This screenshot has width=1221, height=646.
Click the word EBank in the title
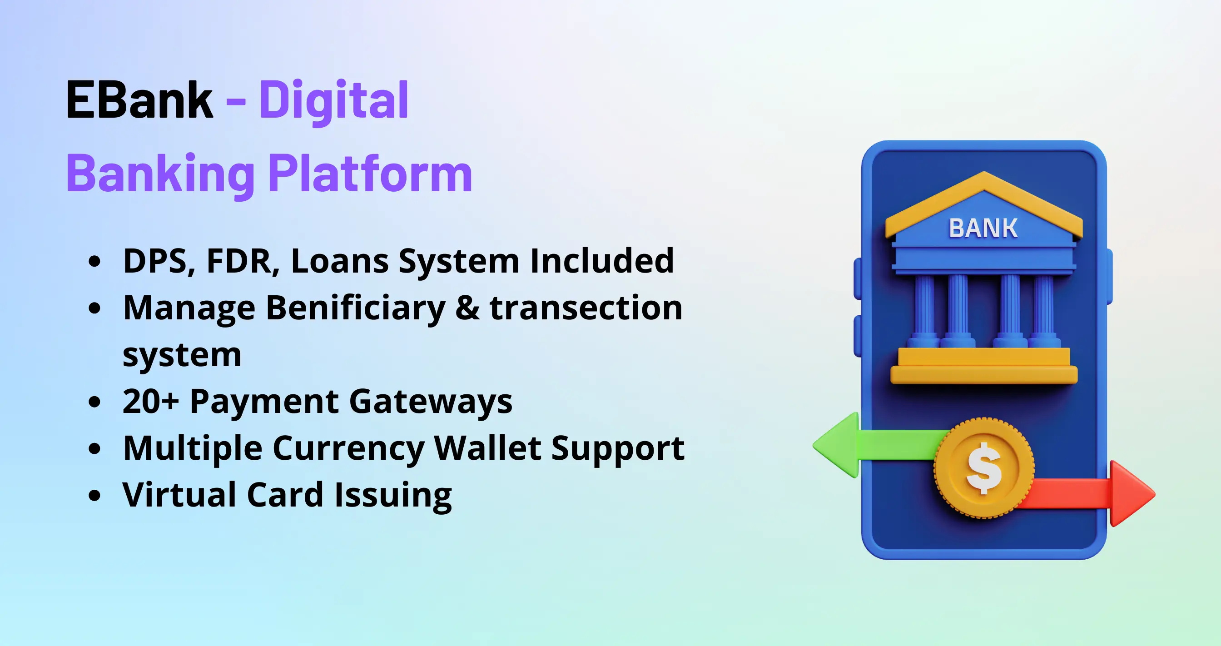pos(139,100)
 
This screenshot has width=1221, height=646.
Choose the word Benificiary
pos(356,308)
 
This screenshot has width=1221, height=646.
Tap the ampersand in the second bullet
pos(467,308)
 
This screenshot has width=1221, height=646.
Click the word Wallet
pos(487,448)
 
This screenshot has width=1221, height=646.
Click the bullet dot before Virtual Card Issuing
pos(95,495)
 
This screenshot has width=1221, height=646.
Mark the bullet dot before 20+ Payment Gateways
pos(95,402)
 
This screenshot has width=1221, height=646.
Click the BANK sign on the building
pos(983,228)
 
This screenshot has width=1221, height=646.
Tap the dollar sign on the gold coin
pos(984,468)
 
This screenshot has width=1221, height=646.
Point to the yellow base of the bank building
pos(984,365)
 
